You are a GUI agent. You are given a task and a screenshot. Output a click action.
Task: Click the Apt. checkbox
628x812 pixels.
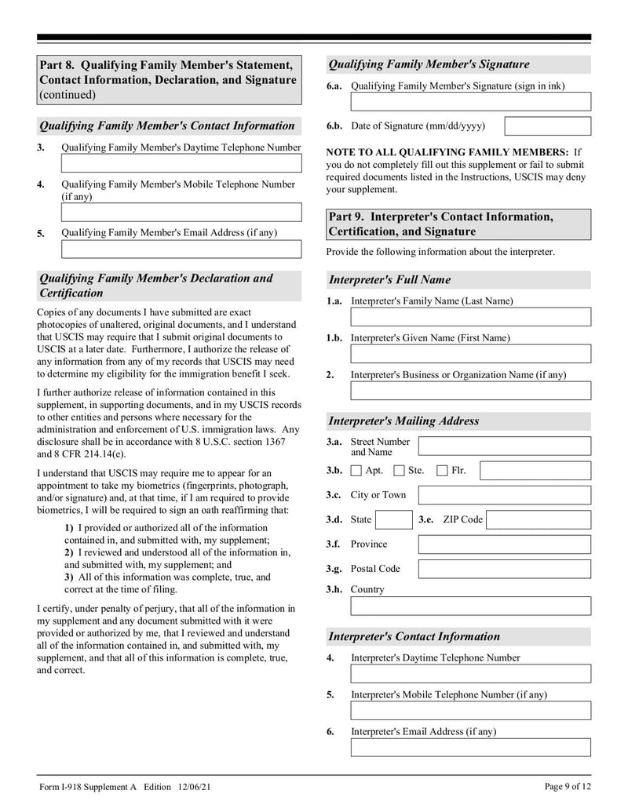point(356,471)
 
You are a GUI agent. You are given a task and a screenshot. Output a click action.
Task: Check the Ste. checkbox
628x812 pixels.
point(399,471)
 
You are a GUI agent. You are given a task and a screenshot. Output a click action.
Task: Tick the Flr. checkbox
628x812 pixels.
point(442,471)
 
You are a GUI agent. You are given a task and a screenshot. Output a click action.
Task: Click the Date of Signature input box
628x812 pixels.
point(547,126)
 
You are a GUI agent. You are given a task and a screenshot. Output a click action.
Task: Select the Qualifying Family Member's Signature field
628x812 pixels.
point(470,102)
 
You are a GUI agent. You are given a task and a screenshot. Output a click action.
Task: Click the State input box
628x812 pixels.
point(392,519)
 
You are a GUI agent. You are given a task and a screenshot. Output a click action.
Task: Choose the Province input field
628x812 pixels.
point(504,544)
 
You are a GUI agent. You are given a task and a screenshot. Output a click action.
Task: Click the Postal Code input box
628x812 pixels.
point(504,569)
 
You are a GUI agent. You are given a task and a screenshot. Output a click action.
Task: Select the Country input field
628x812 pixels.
point(470,606)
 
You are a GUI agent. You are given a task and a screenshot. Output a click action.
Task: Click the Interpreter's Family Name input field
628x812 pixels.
point(470,317)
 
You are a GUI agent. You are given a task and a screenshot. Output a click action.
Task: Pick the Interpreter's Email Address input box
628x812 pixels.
point(470,747)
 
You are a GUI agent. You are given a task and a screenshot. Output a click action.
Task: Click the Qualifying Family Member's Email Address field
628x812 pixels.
point(181,249)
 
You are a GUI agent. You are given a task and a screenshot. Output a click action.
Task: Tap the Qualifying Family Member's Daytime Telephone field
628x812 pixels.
point(181,163)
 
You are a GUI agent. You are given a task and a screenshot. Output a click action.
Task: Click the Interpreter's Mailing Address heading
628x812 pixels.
point(403,421)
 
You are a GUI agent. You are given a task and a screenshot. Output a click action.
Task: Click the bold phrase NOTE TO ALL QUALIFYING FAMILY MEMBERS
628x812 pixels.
point(447,152)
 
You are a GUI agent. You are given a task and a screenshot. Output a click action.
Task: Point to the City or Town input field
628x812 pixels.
point(504,495)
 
